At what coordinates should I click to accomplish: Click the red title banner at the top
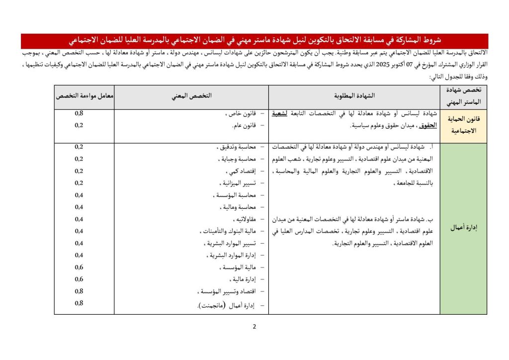click(x=254, y=40)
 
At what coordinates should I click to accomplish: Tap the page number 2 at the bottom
click(x=254, y=327)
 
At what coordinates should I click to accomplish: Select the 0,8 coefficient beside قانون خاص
click(x=79, y=113)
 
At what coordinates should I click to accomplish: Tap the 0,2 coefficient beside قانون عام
click(x=79, y=125)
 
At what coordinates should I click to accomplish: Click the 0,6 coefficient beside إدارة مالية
click(x=79, y=279)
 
